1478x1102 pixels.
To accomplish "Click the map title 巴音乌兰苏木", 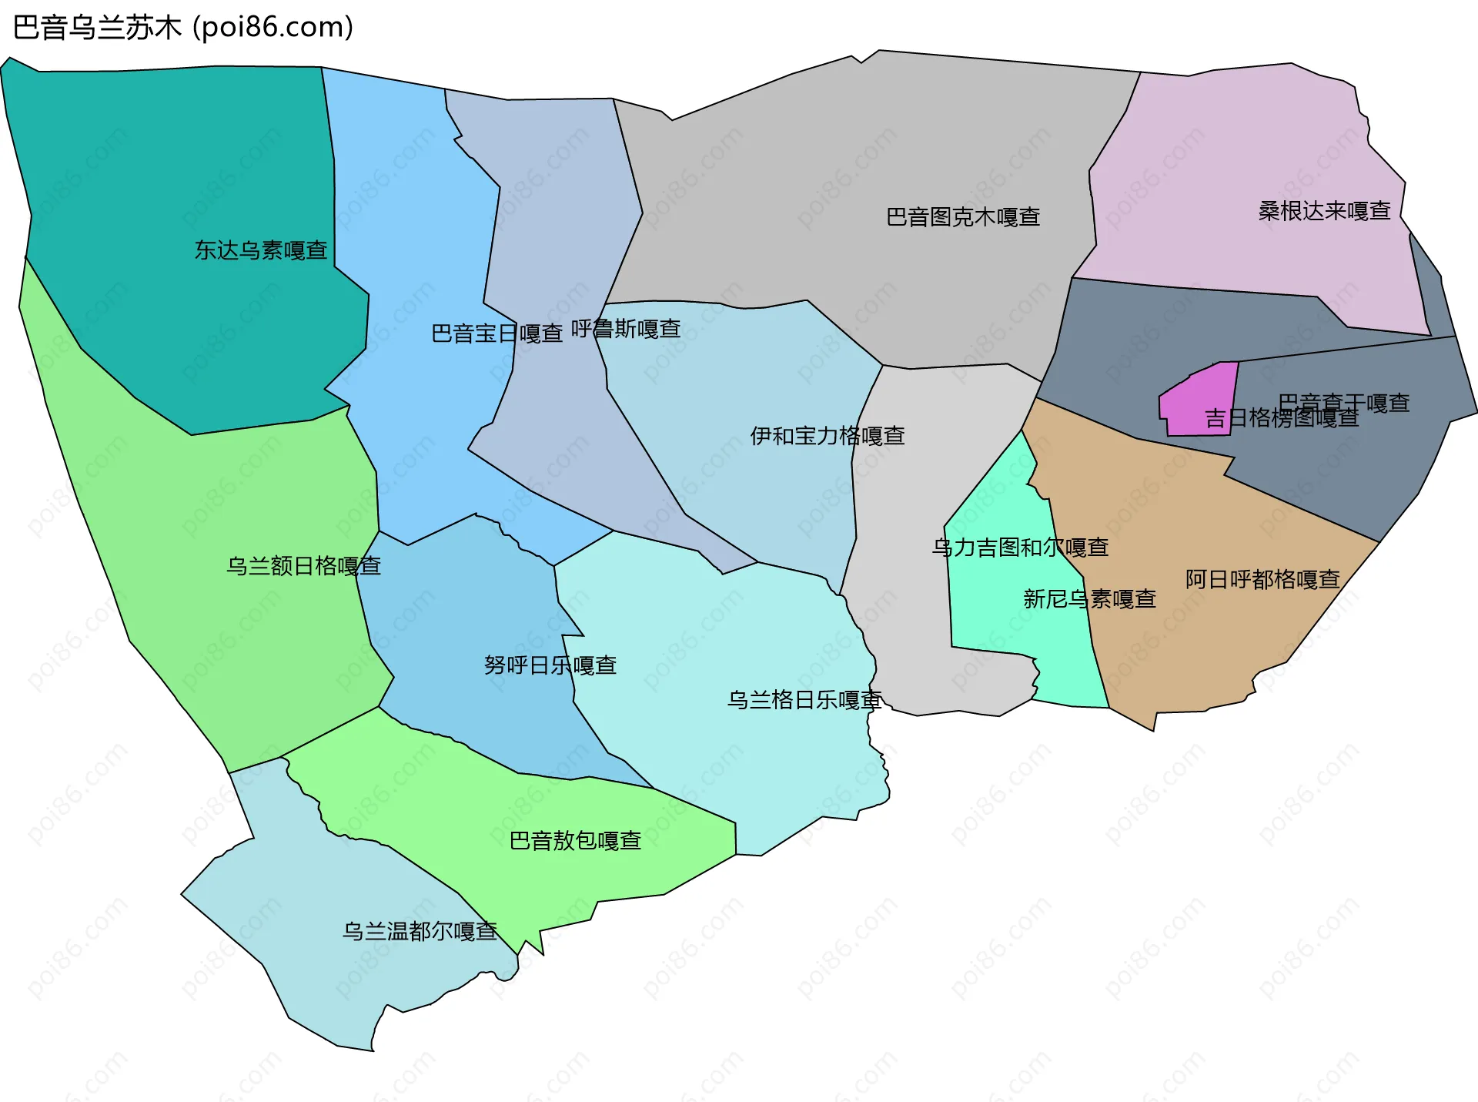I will point(97,28).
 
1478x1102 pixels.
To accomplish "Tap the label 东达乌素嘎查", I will point(261,250).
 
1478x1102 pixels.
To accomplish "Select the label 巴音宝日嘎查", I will point(497,333).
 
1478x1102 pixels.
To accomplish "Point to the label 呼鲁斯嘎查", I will point(626,329).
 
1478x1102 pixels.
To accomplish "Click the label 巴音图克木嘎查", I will point(963,217).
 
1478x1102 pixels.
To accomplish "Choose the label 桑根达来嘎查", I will point(1324,211).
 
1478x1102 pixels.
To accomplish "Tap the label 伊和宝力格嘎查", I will point(828,436).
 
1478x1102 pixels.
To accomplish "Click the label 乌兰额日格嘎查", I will point(303,566).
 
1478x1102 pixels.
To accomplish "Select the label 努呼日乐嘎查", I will point(550,665).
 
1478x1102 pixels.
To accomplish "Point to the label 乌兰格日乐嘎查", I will point(804,700).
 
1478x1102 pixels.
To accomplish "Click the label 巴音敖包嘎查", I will point(576,840).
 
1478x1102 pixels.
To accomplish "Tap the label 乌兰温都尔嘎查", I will point(420,931).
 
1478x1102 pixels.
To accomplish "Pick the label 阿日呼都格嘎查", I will point(1262,579).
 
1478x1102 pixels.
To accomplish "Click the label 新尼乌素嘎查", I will point(1089,598).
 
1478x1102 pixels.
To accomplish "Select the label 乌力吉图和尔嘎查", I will point(1020,548).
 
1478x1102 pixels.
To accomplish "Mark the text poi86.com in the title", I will point(273,28).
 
